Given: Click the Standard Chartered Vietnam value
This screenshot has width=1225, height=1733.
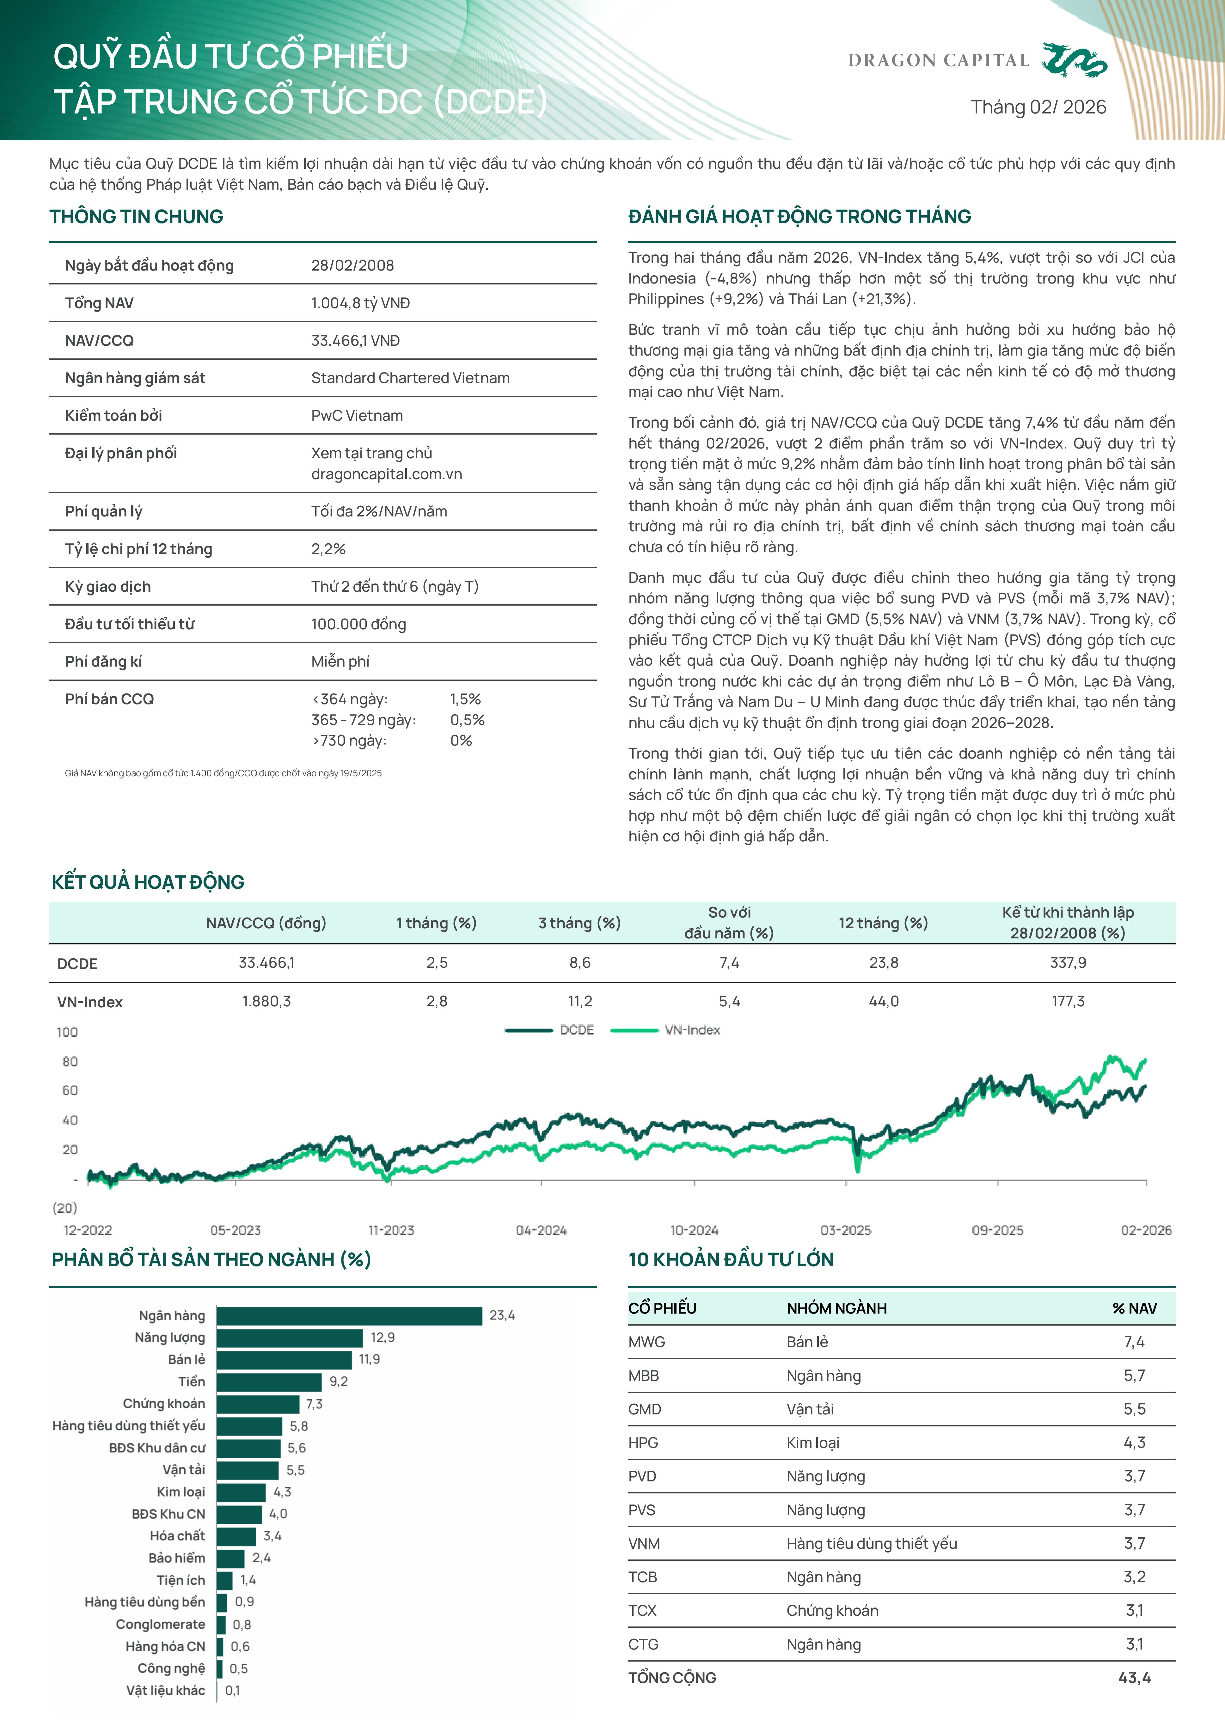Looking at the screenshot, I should point(410,378).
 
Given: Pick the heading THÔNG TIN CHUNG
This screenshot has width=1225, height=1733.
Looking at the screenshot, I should point(137,217).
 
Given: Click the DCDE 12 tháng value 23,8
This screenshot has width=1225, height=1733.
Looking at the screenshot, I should point(883,963).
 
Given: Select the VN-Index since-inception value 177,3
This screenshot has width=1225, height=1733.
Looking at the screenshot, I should point(1067,1002).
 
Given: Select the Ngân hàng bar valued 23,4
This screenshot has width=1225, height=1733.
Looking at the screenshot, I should point(349,1315).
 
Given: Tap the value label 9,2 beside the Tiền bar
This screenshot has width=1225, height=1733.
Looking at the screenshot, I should point(339,1381).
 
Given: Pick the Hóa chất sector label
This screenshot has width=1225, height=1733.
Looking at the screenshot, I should point(177,1536).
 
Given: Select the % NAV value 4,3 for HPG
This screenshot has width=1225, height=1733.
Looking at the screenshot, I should point(1134,1443).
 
